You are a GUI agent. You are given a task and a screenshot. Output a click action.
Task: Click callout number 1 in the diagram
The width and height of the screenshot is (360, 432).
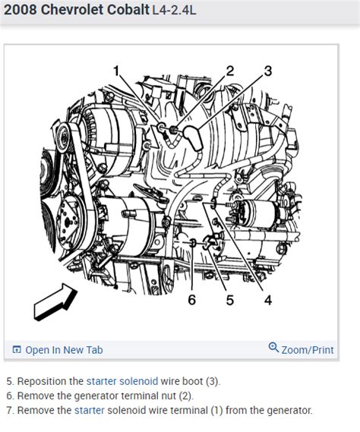(117, 71)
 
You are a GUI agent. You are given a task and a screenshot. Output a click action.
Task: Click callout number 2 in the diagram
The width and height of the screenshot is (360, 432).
(230, 71)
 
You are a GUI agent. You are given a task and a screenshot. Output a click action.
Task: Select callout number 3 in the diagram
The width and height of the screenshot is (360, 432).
(267, 72)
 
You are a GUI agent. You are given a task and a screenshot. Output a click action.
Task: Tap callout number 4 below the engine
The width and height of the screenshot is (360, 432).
(267, 299)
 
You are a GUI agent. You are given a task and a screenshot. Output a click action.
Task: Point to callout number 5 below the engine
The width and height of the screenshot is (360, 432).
(229, 299)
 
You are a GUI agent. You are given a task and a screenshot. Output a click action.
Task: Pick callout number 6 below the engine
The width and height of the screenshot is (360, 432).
(191, 299)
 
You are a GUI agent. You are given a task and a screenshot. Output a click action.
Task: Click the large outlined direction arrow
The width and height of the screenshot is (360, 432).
(55, 303)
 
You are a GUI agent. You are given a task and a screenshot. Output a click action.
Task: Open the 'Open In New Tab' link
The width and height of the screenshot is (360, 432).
(64, 350)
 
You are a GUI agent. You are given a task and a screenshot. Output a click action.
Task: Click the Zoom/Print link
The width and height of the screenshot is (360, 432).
(307, 350)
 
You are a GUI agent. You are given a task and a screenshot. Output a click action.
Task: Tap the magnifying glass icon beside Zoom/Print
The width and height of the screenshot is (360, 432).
(273, 348)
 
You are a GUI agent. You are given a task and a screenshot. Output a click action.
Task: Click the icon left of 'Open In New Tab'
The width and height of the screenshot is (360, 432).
(17, 350)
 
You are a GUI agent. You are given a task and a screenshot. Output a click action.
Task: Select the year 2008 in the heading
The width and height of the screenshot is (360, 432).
(21, 11)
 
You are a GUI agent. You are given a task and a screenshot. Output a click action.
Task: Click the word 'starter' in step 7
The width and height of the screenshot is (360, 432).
(90, 410)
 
